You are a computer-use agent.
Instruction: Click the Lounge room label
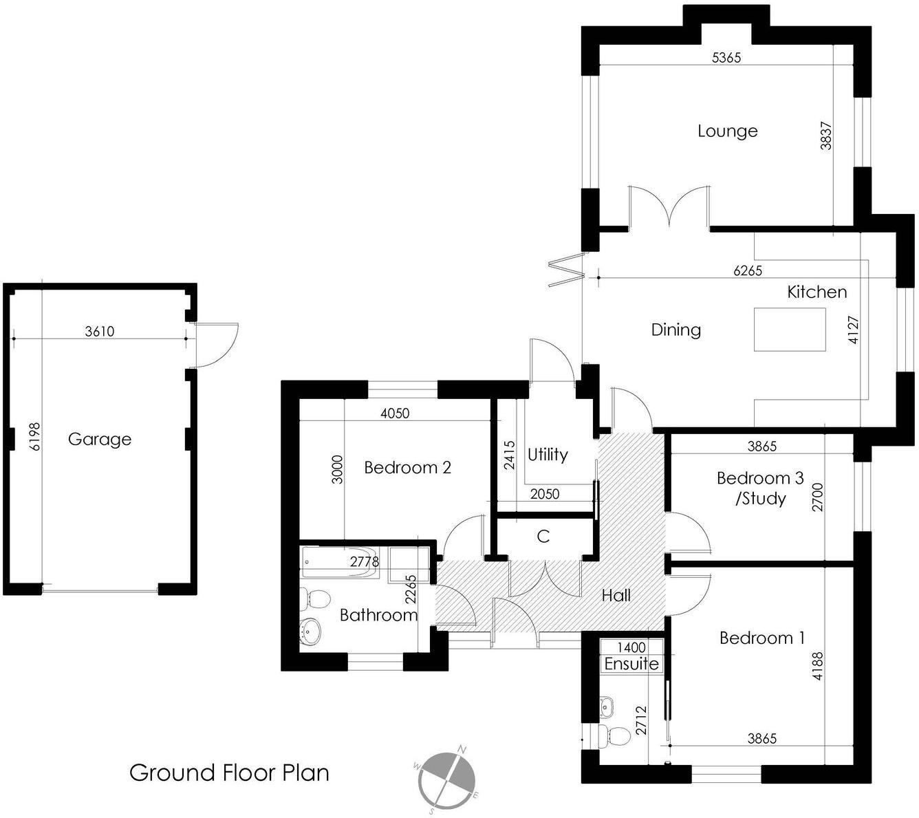[727, 131]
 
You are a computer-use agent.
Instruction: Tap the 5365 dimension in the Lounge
[726, 58]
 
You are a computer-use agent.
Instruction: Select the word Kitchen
[817, 292]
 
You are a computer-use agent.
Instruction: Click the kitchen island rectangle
[790, 330]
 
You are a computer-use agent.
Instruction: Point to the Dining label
[675, 330]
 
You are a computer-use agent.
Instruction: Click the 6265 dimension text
[747, 270]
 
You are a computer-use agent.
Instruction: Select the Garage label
[99, 439]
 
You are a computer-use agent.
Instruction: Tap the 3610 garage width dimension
[99, 332]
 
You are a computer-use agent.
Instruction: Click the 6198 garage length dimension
[36, 436]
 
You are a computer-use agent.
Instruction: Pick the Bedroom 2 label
[407, 468]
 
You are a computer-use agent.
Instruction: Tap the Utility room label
[548, 455]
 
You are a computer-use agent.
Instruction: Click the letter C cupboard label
[543, 537]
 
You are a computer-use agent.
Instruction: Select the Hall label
[616, 595]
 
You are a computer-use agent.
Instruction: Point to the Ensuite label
[631, 664]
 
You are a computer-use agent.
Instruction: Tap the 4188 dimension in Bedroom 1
[817, 666]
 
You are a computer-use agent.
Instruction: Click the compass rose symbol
[446, 780]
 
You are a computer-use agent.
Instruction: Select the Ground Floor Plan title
[229, 773]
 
